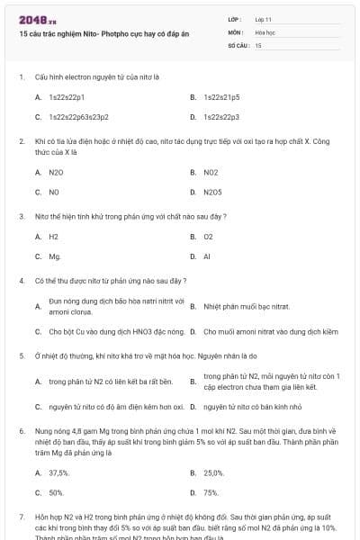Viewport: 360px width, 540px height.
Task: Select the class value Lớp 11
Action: click(x=263, y=18)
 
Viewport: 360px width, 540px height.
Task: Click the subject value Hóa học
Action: click(x=265, y=31)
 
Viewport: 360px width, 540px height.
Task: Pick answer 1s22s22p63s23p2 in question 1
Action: click(x=78, y=117)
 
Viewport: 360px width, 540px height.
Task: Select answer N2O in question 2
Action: click(x=56, y=172)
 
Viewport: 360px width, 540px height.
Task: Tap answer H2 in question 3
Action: click(x=53, y=237)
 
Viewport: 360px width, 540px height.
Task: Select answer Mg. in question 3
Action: click(x=55, y=256)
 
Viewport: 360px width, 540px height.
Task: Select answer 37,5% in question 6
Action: click(x=58, y=472)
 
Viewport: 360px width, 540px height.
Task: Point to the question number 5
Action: click(x=21, y=356)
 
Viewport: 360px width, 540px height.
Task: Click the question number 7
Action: click(x=21, y=518)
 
